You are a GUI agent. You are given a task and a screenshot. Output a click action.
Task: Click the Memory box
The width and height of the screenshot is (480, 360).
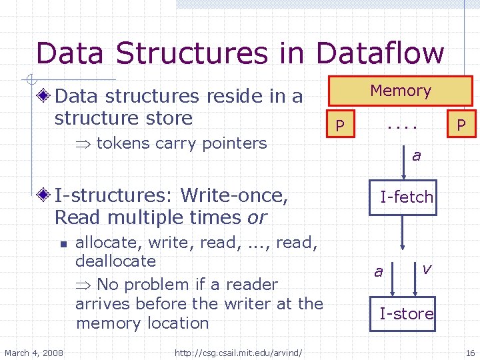(x=401, y=91)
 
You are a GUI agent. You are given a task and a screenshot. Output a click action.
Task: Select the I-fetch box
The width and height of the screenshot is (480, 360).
(x=406, y=197)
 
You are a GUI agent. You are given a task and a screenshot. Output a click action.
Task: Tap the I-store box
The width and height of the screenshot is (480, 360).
(x=406, y=313)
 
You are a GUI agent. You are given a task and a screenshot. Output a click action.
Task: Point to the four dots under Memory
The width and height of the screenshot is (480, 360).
(x=403, y=125)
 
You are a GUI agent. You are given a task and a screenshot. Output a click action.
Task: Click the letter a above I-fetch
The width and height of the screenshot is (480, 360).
(x=416, y=156)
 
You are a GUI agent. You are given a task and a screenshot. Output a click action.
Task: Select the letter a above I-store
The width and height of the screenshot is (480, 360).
(x=379, y=271)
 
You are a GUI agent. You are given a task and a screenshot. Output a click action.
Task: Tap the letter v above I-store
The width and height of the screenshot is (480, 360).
(x=427, y=268)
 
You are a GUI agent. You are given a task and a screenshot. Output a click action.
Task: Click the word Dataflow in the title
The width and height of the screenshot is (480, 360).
(x=380, y=53)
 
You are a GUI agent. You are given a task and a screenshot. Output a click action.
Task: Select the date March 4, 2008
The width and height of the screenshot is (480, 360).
(x=34, y=352)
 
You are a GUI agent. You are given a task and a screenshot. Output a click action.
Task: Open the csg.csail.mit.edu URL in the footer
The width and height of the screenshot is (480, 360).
(x=238, y=352)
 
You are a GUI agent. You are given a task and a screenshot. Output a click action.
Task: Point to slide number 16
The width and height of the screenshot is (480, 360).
(x=469, y=352)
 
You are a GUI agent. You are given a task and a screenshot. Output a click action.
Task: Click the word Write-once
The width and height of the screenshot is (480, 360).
(x=235, y=196)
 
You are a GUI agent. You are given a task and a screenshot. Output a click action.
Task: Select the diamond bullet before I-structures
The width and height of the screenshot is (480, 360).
(x=45, y=196)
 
